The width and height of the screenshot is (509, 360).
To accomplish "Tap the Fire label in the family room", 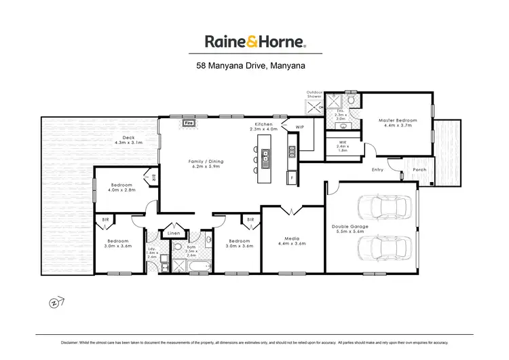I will pyautogui.click(x=189, y=124).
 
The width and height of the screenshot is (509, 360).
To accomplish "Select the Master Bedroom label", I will pyautogui.click(x=397, y=120).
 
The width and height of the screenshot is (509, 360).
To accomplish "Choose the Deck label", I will pyautogui.click(x=129, y=138).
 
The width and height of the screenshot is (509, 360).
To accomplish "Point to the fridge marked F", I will pyautogui.click(x=292, y=179).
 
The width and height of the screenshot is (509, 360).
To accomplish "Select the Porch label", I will pyautogui.click(x=419, y=170).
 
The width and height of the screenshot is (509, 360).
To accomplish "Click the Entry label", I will pyautogui.click(x=377, y=170).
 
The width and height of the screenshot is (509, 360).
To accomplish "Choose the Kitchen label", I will pyautogui.click(x=263, y=124).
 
